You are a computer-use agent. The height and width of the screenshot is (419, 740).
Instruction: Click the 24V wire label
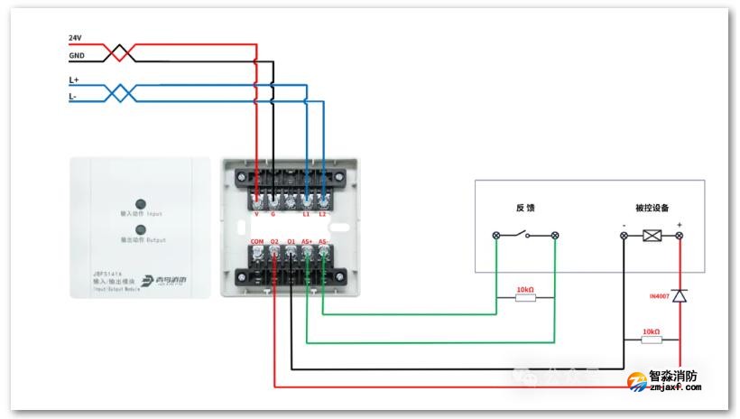[75, 38]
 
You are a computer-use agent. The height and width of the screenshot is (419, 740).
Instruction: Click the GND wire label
[76, 55]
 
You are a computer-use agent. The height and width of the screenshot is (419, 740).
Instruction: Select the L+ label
[74, 79]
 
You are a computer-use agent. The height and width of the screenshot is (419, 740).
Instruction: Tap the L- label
[73, 96]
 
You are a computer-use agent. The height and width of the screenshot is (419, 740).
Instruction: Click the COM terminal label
[257, 242]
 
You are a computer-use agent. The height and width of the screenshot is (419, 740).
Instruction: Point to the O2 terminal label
[274, 242]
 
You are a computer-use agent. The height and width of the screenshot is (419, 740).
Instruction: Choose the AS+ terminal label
[307, 242]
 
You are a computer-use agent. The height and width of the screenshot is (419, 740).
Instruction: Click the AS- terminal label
[323, 242]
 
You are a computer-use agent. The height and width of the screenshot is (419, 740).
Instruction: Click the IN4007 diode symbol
[680, 296]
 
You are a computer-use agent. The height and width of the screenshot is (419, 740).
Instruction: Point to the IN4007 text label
[661, 296]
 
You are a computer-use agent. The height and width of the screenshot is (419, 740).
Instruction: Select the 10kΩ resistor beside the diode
[651, 340]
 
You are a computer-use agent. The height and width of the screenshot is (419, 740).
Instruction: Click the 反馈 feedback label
[525, 208]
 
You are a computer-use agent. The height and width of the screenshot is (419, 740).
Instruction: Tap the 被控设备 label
[652, 208]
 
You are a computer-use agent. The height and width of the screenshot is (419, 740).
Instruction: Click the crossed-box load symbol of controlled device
[652, 236]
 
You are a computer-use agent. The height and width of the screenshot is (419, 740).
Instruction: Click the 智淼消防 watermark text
[672, 377]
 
